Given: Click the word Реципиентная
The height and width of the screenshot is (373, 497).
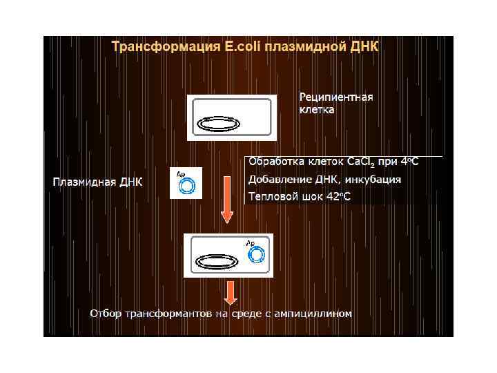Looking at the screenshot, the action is click(336, 97).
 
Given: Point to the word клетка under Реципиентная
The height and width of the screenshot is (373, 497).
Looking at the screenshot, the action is click(317, 109).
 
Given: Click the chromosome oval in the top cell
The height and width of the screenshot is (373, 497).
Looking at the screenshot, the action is click(219, 123).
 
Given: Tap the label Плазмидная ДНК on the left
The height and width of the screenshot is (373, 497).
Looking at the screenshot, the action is click(97, 182).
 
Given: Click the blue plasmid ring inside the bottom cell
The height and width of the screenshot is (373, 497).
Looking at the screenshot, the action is click(256, 256).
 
